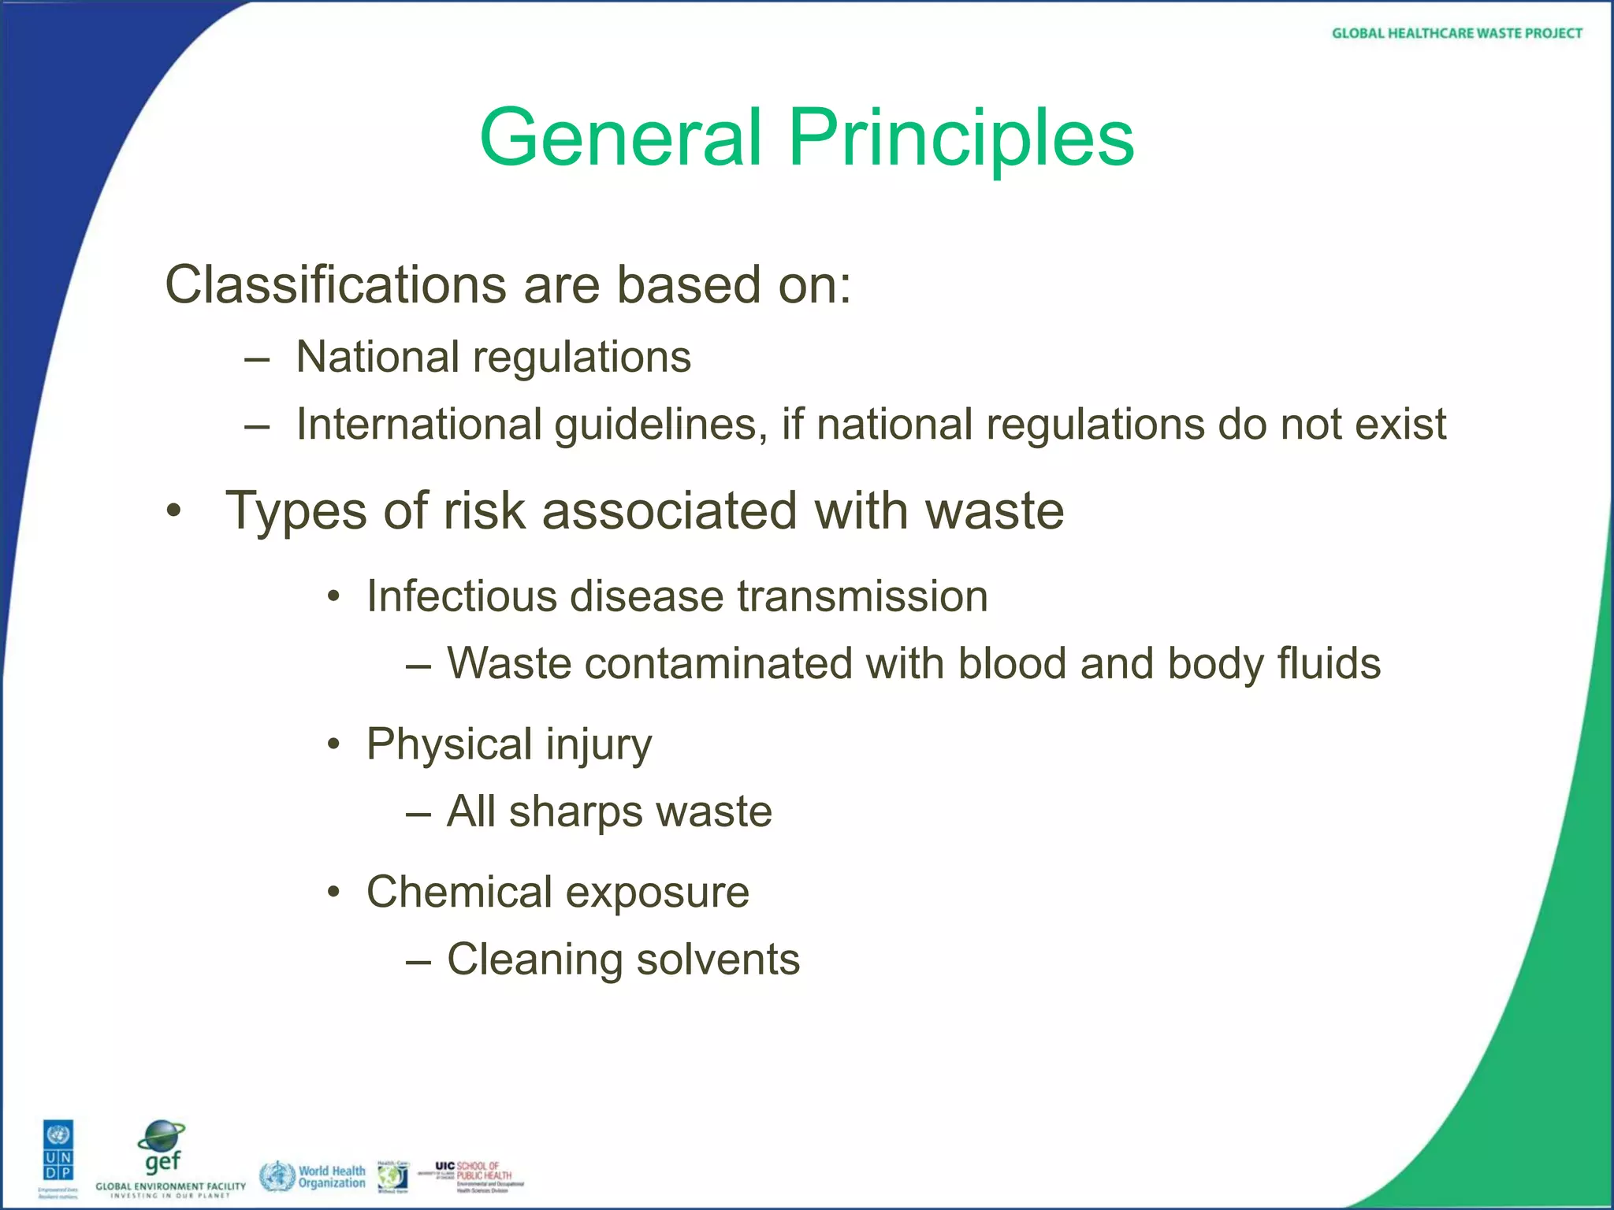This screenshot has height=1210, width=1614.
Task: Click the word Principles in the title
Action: point(961,139)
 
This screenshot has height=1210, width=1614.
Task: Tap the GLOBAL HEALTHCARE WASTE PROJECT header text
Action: point(1456,33)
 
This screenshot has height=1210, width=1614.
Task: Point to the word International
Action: point(418,425)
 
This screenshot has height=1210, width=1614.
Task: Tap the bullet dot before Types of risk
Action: point(174,512)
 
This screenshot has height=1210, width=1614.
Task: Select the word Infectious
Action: point(461,596)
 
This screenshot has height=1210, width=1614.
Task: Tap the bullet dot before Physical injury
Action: point(334,744)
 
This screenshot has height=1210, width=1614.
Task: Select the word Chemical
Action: point(459,892)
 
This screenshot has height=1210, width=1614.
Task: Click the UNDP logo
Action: point(58,1152)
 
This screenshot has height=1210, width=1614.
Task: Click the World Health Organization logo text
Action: point(331,1177)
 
